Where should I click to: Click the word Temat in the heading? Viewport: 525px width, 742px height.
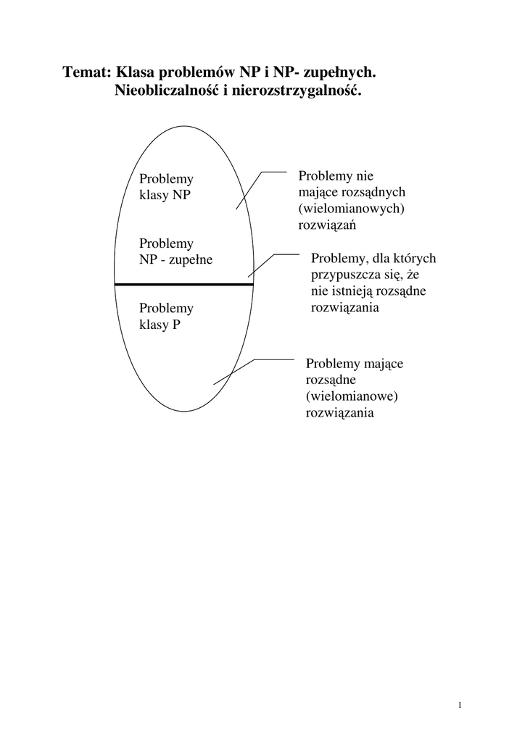(x=86, y=72)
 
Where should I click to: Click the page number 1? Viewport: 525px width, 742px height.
(x=460, y=705)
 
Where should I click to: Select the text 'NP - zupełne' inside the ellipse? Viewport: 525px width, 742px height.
(x=175, y=259)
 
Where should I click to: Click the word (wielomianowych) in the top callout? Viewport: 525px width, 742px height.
(x=351, y=209)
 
